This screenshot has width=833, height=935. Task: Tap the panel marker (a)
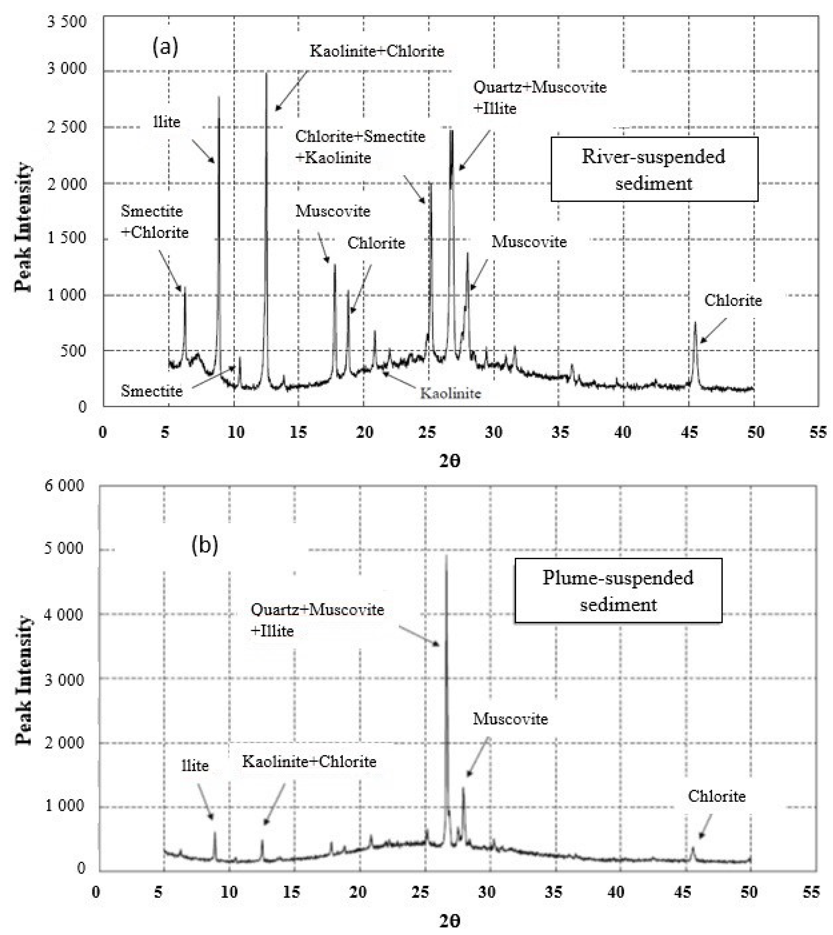pos(165,47)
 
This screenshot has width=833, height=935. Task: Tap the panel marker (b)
pos(205,545)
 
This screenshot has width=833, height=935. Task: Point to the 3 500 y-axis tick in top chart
pos(67,22)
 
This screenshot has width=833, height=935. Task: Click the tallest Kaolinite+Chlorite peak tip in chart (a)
pos(266,73)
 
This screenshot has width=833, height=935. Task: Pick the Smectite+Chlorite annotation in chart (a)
pos(155,222)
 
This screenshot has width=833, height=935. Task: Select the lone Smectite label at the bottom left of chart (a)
pos(152,391)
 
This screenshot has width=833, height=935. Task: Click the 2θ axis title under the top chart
pos(450,461)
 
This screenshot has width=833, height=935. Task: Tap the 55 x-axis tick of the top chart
pos(818,432)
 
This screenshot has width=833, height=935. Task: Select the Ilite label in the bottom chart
pos(195,766)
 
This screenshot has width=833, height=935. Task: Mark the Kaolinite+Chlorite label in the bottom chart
pos(309,762)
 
